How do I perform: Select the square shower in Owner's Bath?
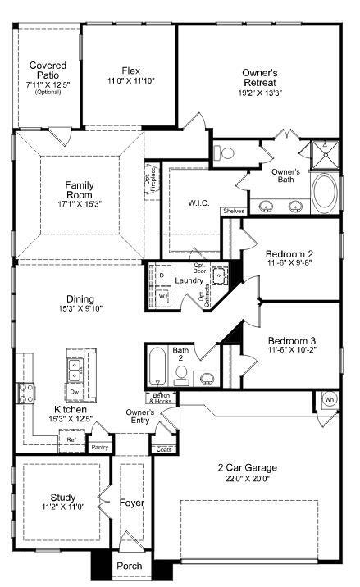[x=325, y=154]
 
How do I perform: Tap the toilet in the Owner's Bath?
[x=227, y=152]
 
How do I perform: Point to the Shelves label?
[x=231, y=211]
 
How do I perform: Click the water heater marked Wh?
[x=329, y=399]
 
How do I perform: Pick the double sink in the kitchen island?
[x=75, y=371]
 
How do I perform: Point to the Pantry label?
[x=100, y=447]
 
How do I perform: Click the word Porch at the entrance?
[x=130, y=566]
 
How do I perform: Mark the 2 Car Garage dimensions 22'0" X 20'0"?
[x=247, y=478]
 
